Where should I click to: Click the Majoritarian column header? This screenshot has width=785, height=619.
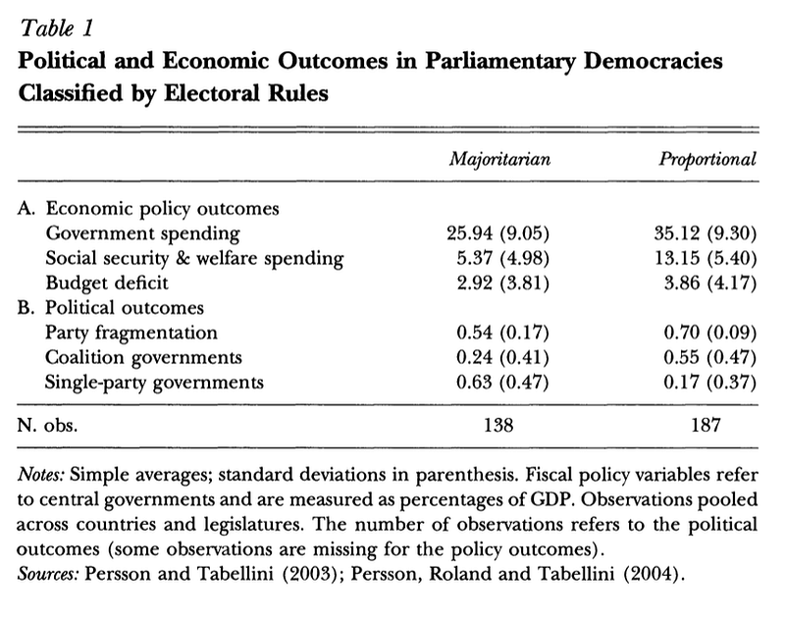pos(499,160)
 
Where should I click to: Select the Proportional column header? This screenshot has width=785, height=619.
pos(706,159)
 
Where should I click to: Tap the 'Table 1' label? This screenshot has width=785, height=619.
pos(56,27)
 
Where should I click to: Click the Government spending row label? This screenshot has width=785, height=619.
pos(142,233)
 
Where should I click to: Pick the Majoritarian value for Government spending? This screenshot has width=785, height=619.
pos(498,233)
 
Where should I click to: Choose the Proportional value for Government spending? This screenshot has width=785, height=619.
pos(706,233)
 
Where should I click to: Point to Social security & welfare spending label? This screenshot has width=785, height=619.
pos(194,258)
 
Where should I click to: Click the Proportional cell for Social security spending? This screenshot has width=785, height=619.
pos(706,258)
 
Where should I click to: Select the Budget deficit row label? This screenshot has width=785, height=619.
pos(107,284)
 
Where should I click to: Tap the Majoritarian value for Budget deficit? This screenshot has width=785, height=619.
pos(503,283)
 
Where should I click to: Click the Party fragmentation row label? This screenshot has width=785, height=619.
pos(131,333)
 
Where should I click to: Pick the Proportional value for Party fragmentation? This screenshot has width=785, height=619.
pos(710,333)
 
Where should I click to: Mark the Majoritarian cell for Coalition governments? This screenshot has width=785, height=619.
pos(503,357)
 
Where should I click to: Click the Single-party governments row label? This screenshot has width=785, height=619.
pos(154,383)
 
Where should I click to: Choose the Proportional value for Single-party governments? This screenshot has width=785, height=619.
pos(710,382)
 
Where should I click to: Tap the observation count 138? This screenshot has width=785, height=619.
pos(498,426)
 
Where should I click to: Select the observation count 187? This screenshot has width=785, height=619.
pos(706,426)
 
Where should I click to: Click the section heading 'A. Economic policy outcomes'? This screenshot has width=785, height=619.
pos(148,209)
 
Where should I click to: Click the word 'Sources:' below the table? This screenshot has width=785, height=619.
pos(48,574)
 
